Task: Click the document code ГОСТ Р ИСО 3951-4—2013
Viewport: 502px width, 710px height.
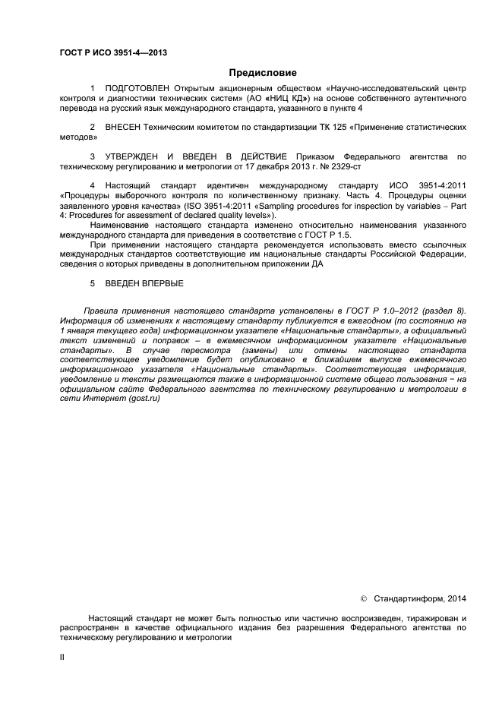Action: (113, 53)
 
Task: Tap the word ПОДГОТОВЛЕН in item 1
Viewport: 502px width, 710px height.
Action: (134, 89)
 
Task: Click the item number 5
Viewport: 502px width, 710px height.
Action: (92, 283)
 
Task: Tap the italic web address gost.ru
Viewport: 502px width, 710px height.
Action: (142, 400)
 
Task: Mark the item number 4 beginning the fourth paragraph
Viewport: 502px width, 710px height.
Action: (92, 185)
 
